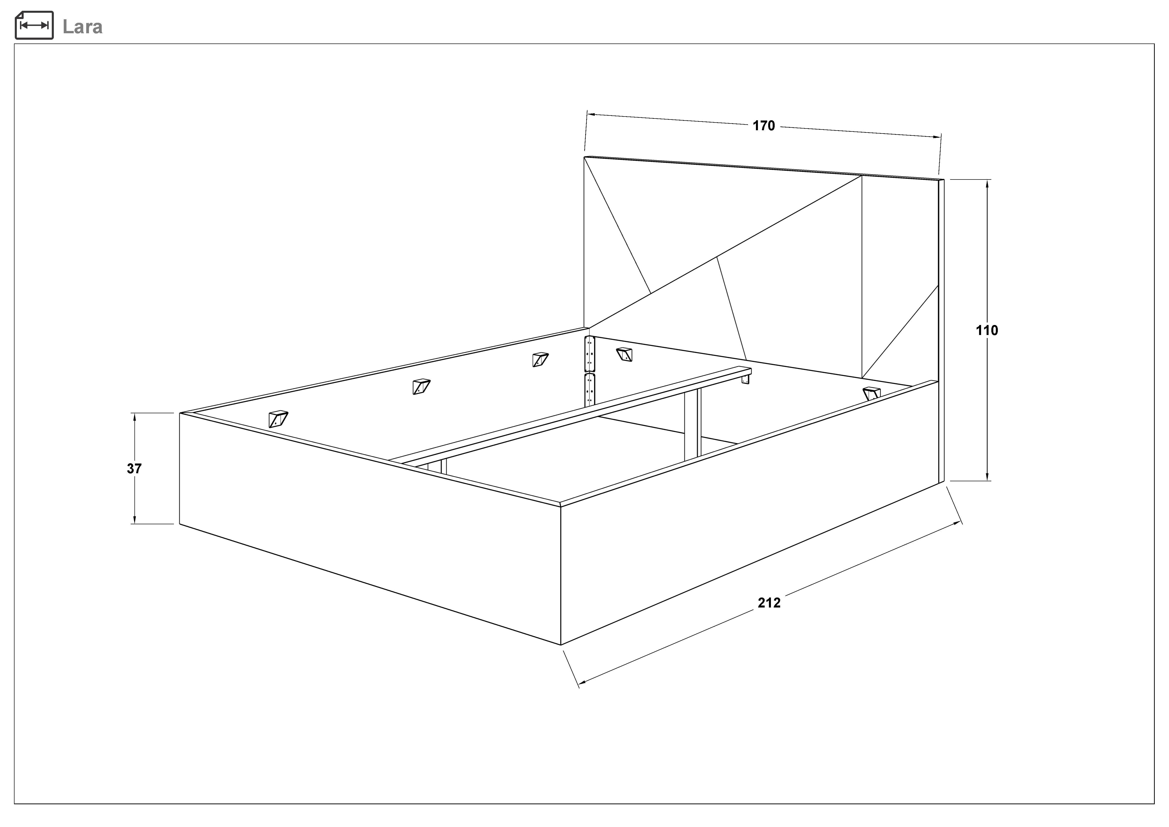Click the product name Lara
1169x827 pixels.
click(82, 26)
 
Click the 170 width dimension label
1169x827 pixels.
click(764, 126)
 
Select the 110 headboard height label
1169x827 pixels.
click(987, 330)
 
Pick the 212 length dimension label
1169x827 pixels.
click(769, 603)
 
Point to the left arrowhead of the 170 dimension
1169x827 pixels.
click(592, 114)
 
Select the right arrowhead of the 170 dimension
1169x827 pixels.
click(936, 136)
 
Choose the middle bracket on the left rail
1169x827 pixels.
click(421, 386)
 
